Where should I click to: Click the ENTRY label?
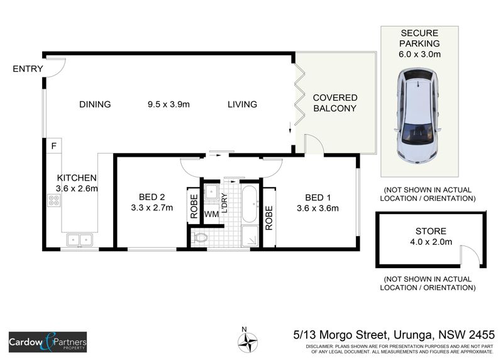pos(28,69)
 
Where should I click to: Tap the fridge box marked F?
pos(53,146)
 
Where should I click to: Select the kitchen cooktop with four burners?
pos(53,200)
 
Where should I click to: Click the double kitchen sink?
pos(80,240)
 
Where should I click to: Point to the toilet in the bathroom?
pos(200,238)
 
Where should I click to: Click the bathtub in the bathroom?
pos(250,204)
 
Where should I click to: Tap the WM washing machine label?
pos(211,214)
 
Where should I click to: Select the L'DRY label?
pos(224,203)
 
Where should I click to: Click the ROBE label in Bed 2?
pos(194,206)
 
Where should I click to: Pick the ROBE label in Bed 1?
pos(269,218)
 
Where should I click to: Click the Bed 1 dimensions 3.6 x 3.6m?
pos(318,208)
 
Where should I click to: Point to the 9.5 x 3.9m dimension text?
pos(169,104)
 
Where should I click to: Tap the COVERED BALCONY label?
pos(335,103)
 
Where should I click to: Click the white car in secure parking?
pos(417,116)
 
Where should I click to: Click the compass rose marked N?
pos(248,341)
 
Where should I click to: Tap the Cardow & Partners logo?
pos(48,342)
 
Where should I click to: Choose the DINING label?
pos(95,104)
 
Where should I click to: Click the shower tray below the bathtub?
pos(250,237)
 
